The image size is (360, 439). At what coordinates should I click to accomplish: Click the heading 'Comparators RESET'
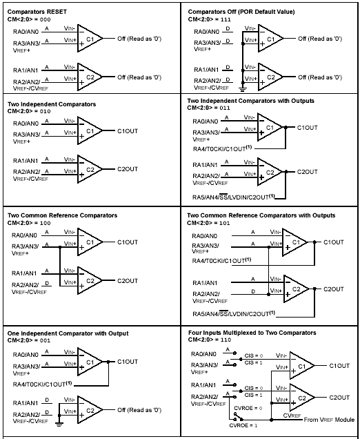click(x=37, y=12)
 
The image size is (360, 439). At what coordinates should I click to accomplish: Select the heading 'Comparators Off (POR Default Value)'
click(x=241, y=12)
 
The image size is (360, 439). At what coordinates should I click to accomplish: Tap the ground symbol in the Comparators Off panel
click(x=243, y=89)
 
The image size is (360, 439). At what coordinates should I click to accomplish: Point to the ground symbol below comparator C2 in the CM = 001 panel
click(x=59, y=424)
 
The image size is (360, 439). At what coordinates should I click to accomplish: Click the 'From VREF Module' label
click(x=329, y=420)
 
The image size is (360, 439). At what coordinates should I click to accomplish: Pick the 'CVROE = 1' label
click(x=243, y=426)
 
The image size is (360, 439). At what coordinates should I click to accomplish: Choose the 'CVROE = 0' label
click(x=248, y=408)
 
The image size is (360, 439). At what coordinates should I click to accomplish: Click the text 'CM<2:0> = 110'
click(x=210, y=340)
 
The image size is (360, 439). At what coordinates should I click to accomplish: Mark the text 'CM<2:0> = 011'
click(x=209, y=108)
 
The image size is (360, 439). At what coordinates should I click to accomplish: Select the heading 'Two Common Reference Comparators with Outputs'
click(x=261, y=215)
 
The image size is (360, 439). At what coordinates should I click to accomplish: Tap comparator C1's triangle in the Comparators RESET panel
click(x=90, y=39)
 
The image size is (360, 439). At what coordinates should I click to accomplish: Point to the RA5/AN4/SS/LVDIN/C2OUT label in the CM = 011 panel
click(x=234, y=197)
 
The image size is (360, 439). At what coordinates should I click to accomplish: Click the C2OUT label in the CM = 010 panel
click(x=128, y=169)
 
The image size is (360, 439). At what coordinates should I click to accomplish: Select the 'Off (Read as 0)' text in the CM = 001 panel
click(x=139, y=410)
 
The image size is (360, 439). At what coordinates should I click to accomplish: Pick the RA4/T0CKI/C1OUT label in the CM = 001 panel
click(x=42, y=384)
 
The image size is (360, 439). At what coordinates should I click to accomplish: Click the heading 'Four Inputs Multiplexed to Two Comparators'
click(x=252, y=333)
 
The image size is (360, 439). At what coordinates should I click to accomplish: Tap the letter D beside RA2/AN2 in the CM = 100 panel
click(x=47, y=283)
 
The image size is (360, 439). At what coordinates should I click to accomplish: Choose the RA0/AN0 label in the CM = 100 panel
click(x=24, y=235)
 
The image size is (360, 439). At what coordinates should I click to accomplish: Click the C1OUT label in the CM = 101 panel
click(x=334, y=242)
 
